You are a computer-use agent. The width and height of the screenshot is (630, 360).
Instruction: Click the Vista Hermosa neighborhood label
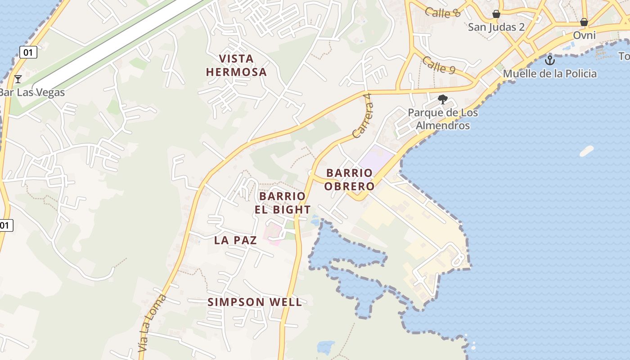pyautogui.click(x=236, y=65)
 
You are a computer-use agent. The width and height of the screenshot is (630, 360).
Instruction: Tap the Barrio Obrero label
pyautogui.click(x=350, y=180)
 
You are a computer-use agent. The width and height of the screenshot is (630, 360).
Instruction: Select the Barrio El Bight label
pyautogui.click(x=283, y=203)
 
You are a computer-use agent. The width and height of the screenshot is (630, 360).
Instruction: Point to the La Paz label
pyautogui.click(x=235, y=240)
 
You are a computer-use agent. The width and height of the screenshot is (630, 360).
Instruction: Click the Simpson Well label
pyautogui.click(x=255, y=302)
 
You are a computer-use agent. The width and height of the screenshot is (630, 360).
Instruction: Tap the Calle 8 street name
pyautogui.click(x=443, y=12)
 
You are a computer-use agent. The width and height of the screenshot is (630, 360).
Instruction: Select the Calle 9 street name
pyautogui.click(x=439, y=66)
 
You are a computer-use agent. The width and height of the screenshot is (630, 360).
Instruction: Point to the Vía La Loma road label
pyautogui.click(x=152, y=323)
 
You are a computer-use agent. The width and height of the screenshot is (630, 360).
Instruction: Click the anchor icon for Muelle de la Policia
pyautogui.click(x=549, y=60)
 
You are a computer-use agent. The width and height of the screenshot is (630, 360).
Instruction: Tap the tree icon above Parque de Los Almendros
pyautogui.click(x=443, y=99)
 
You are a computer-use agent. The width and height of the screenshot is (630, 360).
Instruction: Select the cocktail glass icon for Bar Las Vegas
pyautogui.click(x=18, y=79)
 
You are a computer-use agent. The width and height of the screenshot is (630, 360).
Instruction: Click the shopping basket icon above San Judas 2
pyautogui.click(x=496, y=14)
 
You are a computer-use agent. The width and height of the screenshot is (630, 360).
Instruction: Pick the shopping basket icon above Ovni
pyautogui.click(x=584, y=22)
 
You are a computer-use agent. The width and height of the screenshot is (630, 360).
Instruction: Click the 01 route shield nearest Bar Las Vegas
pyautogui.click(x=28, y=52)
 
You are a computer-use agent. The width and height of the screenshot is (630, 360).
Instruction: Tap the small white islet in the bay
pyautogui.click(x=586, y=151)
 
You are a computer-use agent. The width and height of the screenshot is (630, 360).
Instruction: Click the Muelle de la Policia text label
pyautogui.click(x=549, y=74)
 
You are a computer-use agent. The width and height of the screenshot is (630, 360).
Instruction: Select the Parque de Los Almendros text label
pyautogui.click(x=443, y=119)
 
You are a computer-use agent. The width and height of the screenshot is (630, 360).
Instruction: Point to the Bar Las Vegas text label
pyautogui.click(x=32, y=93)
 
